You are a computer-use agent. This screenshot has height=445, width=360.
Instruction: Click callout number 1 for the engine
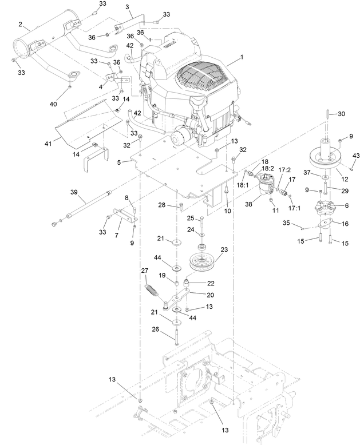[242, 57]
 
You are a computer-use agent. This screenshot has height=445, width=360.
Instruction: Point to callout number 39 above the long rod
[74, 192]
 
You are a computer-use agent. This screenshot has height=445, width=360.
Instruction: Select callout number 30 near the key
[341, 114]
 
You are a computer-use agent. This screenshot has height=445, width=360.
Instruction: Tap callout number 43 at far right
[355, 156]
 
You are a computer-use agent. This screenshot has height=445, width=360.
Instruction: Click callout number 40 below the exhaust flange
[53, 104]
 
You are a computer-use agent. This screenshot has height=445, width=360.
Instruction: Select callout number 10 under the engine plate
[227, 211]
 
